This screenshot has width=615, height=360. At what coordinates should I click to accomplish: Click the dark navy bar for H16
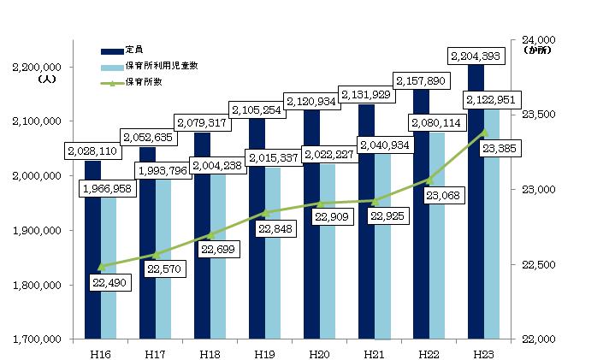(x=92, y=257)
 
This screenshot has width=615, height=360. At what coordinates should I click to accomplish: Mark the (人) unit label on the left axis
(x=45, y=80)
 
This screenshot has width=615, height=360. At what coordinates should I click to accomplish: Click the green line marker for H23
(x=484, y=133)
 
